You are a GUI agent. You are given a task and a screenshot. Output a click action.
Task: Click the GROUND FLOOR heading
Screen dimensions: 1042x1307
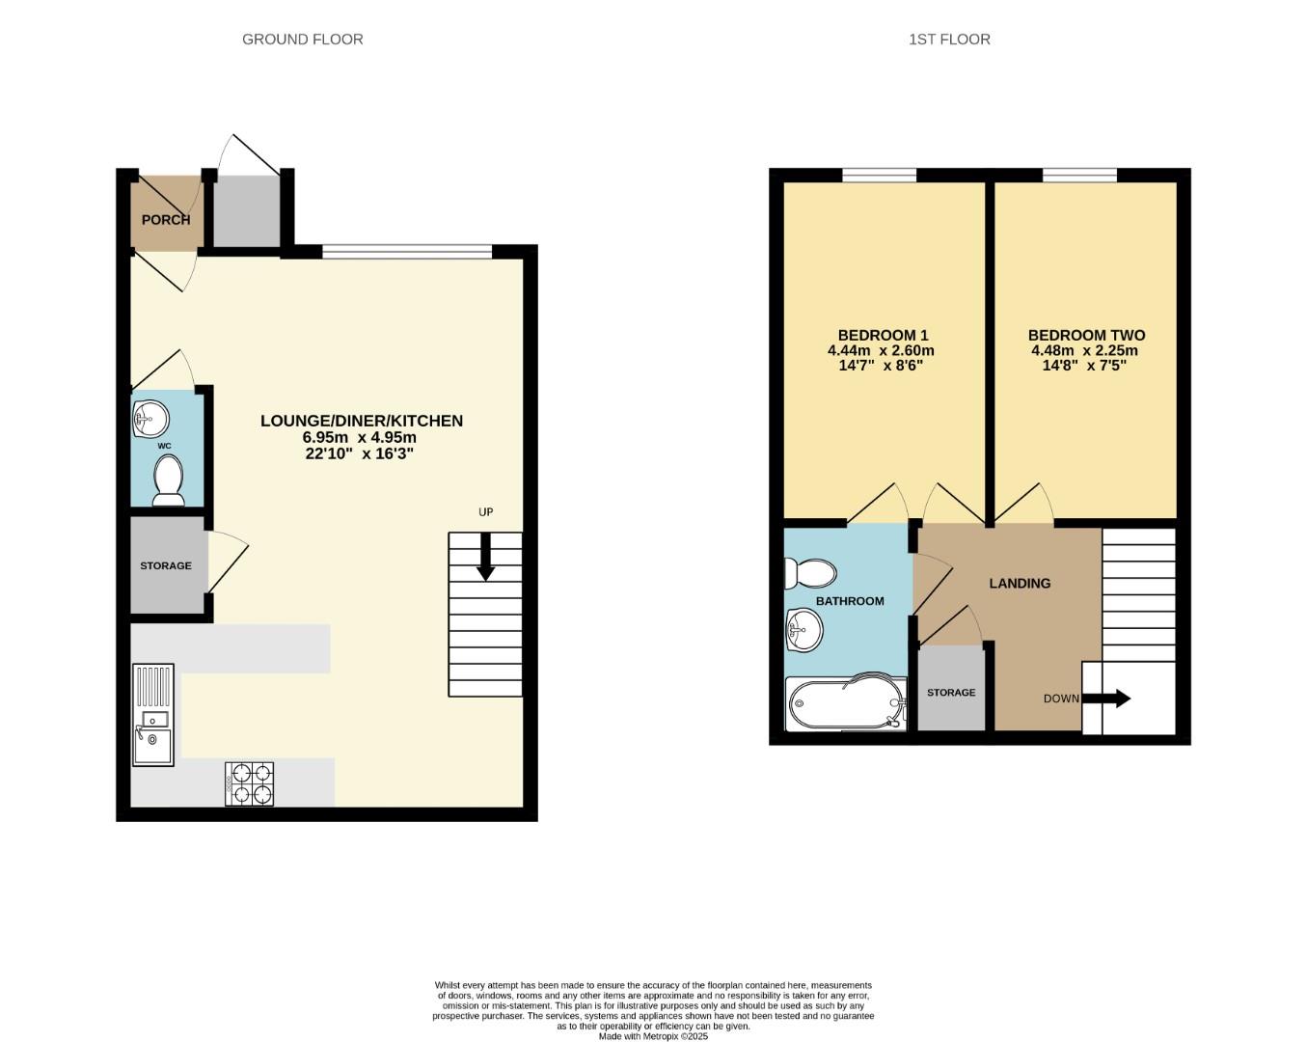(x=302, y=40)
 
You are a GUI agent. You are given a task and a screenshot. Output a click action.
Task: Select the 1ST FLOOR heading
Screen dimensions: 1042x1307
(x=949, y=40)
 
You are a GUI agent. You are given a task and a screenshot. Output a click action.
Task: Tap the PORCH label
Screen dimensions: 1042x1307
(x=166, y=220)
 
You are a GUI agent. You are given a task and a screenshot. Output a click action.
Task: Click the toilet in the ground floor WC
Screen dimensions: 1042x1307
(x=169, y=480)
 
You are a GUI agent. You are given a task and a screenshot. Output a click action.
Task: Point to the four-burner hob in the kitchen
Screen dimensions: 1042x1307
(x=250, y=783)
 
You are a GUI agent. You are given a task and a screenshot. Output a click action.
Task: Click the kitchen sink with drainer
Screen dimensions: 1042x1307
(x=153, y=715)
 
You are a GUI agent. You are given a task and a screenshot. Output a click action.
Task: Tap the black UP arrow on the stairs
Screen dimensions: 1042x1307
(x=485, y=557)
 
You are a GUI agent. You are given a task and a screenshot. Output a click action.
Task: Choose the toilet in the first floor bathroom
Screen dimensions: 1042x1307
(x=810, y=574)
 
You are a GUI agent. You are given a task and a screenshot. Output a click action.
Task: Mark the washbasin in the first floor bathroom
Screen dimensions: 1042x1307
(x=803, y=632)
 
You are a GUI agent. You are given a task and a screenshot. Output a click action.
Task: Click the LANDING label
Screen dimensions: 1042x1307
(x=1020, y=584)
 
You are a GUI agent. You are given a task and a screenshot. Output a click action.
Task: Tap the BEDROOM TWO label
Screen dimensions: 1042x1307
(x=1086, y=336)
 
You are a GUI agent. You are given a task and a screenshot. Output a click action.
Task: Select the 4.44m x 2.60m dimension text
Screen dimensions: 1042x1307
(x=881, y=351)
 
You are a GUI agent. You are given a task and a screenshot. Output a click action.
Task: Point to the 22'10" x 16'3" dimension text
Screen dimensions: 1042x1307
(x=359, y=453)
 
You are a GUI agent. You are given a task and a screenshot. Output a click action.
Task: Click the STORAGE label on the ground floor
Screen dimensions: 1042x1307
(x=166, y=566)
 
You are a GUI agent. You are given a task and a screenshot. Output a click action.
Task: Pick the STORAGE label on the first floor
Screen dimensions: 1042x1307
(x=951, y=693)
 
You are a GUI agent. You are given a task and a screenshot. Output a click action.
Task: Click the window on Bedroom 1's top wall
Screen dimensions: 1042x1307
(x=879, y=175)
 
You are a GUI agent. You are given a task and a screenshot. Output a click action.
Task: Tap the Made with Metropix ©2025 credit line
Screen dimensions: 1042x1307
(x=653, y=1036)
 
